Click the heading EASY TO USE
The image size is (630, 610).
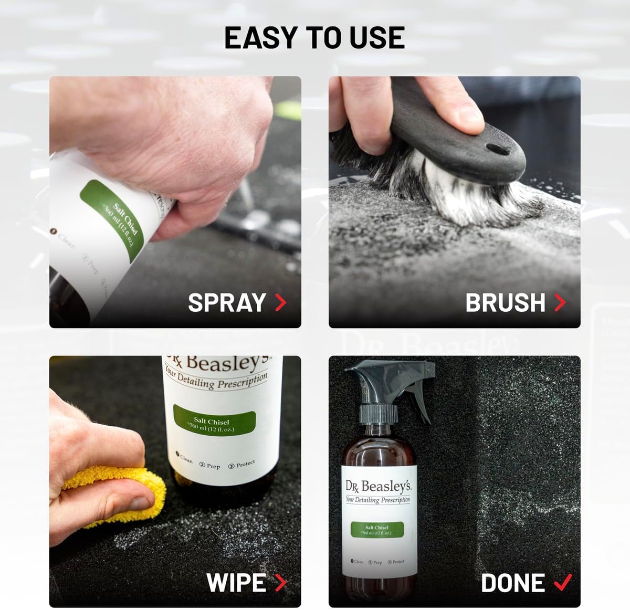[x=314, y=37]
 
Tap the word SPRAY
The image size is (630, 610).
[x=227, y=303]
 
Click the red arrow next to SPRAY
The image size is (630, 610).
[x=281, y=303]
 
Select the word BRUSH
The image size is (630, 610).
[x=505, y=303]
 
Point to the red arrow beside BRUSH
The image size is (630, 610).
[x=560, y=303]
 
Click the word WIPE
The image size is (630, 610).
[x=236, y=583]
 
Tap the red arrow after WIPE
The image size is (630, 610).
[x=281, y=583]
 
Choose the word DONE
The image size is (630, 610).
[x=513, y=583]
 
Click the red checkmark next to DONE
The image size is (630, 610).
[x=562, y=582]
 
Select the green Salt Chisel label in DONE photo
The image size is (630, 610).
[x=377, y=530]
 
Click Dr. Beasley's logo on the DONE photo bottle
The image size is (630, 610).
[x=378, y=486]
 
